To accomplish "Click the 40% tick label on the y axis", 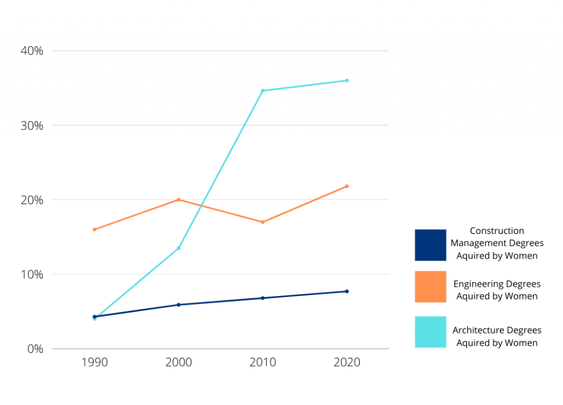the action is pyautogui.click(x=31, y=51).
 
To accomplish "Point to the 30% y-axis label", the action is pyautogui.click(x=31, y=125).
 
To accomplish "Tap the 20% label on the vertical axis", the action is pyautogui.click(x=31, y=200).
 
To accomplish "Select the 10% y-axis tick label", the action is pyautogui.click(x=31, y=274).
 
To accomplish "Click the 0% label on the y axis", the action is pyautogui.click(x=35, y=348).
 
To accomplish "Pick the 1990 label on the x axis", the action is pyautogui.click(x=95, y=362).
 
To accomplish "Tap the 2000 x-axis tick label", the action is pyautogui.click(x=179, y=362).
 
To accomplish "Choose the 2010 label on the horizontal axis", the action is pyautogui.click(x=263, y=362).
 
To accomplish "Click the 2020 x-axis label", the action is pyautogui.click(x=347, y=362).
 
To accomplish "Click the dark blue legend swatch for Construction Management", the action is pyautogui.click(x=430, y=245).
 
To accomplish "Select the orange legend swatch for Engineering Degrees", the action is pyautogui.click(x=430, y=287).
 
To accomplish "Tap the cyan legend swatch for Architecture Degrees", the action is pyautogui.click(x=430, y=332).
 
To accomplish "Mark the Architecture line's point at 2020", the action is pyautogui.click(x=347, y=80).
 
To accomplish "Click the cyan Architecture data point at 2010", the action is pyautogui.click(x=263, y=91).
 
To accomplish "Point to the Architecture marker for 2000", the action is pyautogui.click(x=179, y=248).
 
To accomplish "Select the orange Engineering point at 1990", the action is pyautogui.click(x=95, y=229).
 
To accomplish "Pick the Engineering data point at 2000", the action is pyautogui.click(x=179, y=199).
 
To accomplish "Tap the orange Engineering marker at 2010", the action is pyautogui.click(x=263, y=222).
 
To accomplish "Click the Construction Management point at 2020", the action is pyautogui.click(x=347, y=292).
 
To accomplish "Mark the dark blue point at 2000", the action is pyautogui.click(x=179, y=305).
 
